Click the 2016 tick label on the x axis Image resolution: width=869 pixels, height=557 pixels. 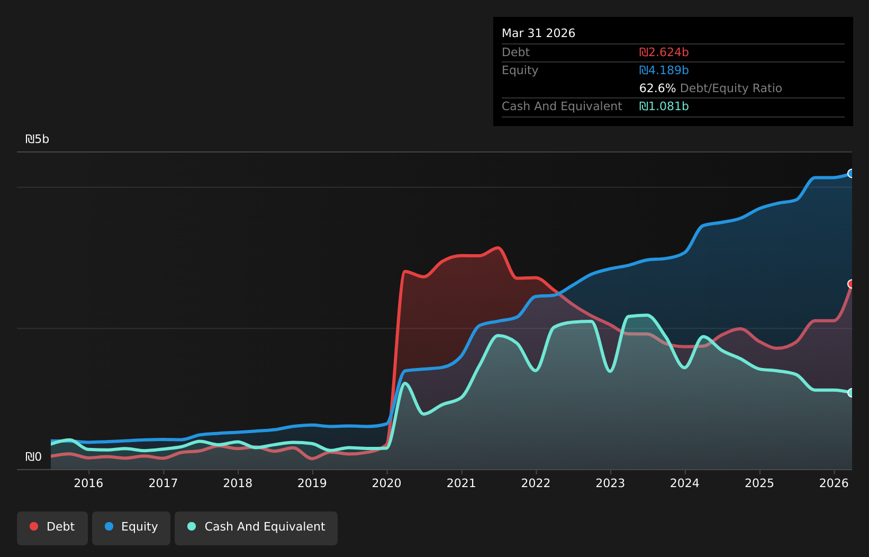88,483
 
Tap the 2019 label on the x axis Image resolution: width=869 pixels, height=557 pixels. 312,483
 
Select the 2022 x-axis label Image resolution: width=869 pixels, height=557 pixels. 536,483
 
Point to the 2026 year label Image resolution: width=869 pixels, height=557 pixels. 834,483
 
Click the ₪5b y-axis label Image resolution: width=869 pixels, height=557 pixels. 37,139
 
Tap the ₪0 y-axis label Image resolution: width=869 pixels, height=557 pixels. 33,457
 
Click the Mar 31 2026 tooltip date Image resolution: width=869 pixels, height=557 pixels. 538,33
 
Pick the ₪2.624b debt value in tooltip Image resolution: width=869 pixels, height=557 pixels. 664,52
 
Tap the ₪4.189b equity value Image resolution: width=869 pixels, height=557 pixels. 664,70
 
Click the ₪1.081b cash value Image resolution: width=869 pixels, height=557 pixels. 664,106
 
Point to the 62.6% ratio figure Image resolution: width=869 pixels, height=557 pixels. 657,88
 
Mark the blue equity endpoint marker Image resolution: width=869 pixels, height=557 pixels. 851,174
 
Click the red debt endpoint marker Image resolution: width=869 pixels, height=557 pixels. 851,284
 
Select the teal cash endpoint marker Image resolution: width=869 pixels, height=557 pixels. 851,393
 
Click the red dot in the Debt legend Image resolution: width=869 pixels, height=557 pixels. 34,526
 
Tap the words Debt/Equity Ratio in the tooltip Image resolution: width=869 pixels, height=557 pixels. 731,88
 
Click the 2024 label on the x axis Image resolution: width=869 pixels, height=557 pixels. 685,483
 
